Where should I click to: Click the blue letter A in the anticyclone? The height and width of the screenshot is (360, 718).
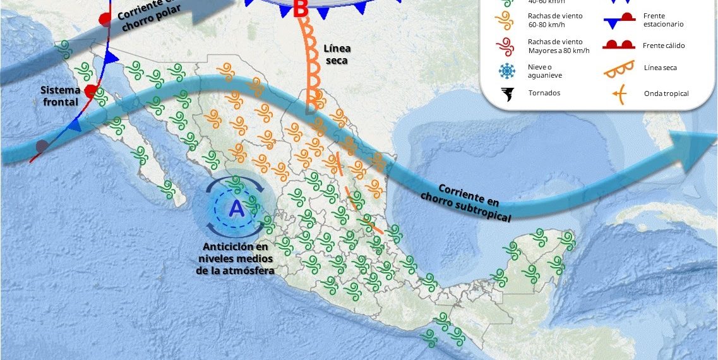point(236,208)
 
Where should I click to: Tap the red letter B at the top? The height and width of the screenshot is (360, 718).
point(301,9)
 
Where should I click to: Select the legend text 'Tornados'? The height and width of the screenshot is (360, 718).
point(544,93)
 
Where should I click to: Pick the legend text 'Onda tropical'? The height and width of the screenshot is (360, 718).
point(666,93)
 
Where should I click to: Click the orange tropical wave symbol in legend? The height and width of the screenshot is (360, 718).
point(619,94)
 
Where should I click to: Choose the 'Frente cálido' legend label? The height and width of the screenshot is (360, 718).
point(664,45)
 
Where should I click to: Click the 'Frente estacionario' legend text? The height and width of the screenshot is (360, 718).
point(663,20)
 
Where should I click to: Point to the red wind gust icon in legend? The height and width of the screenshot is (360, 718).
point(504,45)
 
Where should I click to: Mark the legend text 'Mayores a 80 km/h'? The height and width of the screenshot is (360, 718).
point(558,51)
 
